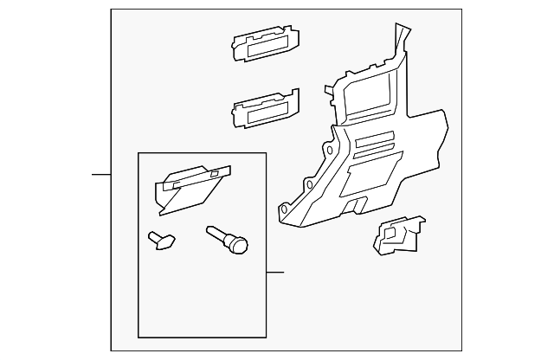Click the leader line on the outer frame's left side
point(101,175)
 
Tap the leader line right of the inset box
point(275,273)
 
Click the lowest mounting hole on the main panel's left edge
point(284,208)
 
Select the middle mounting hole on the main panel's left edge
point(310,184)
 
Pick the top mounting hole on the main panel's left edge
point(329,150)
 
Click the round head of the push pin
point(240,246)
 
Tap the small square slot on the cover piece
point(214,175)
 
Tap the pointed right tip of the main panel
point(447,112)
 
